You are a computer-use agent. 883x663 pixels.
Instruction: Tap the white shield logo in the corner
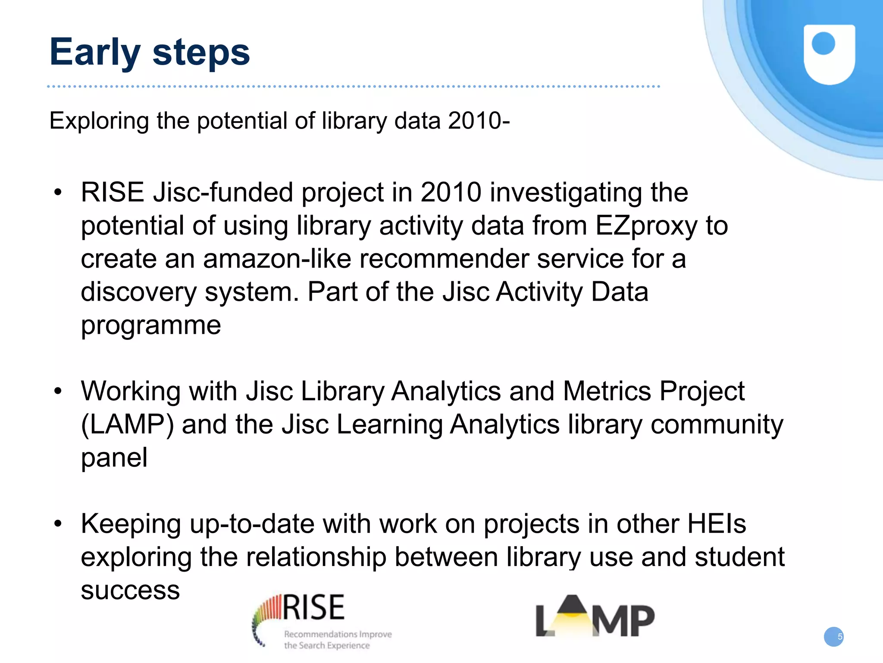829,54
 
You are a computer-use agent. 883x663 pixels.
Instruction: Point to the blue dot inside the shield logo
823,44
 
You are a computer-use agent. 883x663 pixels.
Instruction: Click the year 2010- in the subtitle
479,120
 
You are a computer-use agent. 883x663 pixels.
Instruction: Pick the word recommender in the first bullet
444,259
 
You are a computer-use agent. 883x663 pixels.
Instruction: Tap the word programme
151,326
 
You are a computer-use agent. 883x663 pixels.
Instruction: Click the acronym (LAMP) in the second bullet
128,424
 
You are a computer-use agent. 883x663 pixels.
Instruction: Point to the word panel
114,458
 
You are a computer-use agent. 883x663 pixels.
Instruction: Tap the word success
130,590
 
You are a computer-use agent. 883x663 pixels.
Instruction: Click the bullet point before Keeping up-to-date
58,524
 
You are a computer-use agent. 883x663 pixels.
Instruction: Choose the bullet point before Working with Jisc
58,391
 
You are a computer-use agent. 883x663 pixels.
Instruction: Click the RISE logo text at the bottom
314,607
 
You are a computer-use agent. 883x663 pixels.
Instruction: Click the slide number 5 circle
834,637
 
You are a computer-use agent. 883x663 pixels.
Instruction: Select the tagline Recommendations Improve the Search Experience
337,640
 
